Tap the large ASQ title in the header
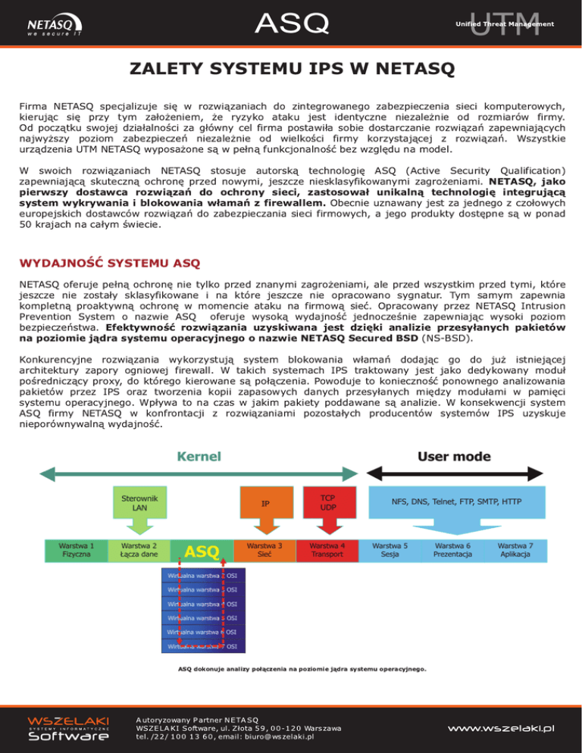point(291,23)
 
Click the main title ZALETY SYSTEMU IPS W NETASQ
point(291,71)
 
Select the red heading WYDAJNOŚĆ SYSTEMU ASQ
point(109,264)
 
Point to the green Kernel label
point(199,457)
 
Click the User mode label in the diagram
point(454,457)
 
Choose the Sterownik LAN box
point(139,502)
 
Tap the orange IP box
point(265,503)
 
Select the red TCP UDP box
point(328,502)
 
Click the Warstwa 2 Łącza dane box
point(139,549)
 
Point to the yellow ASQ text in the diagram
point(202,551)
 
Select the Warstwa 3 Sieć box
point(265,549)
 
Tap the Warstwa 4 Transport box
point(328,549)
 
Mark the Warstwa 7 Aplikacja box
point(515,549)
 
